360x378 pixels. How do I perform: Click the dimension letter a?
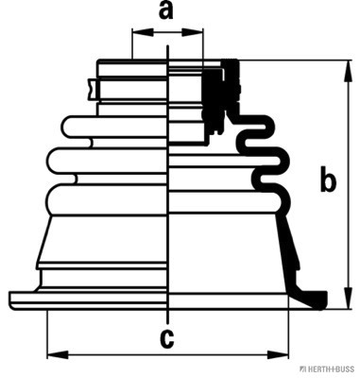(166, 11)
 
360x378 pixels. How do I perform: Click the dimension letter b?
(328, 180)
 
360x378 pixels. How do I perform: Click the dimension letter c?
(166, 338)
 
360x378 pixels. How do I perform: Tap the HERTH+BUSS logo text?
(328, 369)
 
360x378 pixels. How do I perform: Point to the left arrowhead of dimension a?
(143, 32)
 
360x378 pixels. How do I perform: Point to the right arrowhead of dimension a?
(193, 32)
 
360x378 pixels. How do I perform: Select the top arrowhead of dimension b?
(349, 71)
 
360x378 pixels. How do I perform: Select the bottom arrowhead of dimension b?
(349, 298)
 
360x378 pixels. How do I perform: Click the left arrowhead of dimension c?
(58, 354)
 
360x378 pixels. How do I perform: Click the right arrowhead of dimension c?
(278, 354)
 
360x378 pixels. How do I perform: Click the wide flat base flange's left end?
(12, 301)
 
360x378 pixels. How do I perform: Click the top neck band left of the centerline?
(131, 67)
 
